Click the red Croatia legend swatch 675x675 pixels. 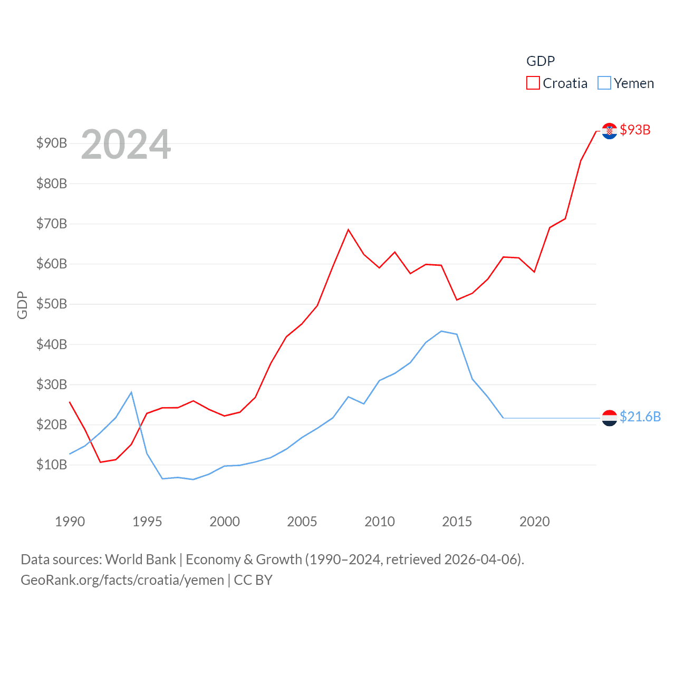click(x=533, y=83)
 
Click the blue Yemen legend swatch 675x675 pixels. click(x=604, y=83)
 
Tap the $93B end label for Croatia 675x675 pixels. click(x=635, y=130)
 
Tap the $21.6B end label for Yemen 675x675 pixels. click(x=640, y=417)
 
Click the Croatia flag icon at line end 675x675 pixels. click(x=610, y=131)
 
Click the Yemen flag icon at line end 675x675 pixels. click(x=610, y=418)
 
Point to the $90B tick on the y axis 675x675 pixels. click(x=52, y=143)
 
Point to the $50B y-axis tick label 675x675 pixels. click(x=52, y=304)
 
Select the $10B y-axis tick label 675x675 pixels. click(x=52, y=465)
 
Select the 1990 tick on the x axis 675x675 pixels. click(x=70, y=522)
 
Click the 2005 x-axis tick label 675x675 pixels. click(x=302, y=522)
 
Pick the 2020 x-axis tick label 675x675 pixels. click(x=535, y=522)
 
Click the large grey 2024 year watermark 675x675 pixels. click(x=126, y=144)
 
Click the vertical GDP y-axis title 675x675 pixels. click(x=22, y=305)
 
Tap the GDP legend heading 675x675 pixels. click(x=541, y=61)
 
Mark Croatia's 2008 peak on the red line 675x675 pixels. click(x=349, y=230)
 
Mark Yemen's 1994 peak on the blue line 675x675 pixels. click(x=131, y=392)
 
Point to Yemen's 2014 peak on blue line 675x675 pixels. click(x=441, y=331)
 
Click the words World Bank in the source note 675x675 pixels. click(x=141, y=560)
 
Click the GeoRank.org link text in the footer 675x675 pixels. click(x=61, y=580)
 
